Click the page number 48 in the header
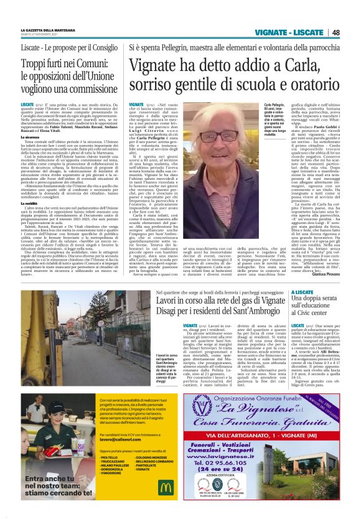[336, 32]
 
